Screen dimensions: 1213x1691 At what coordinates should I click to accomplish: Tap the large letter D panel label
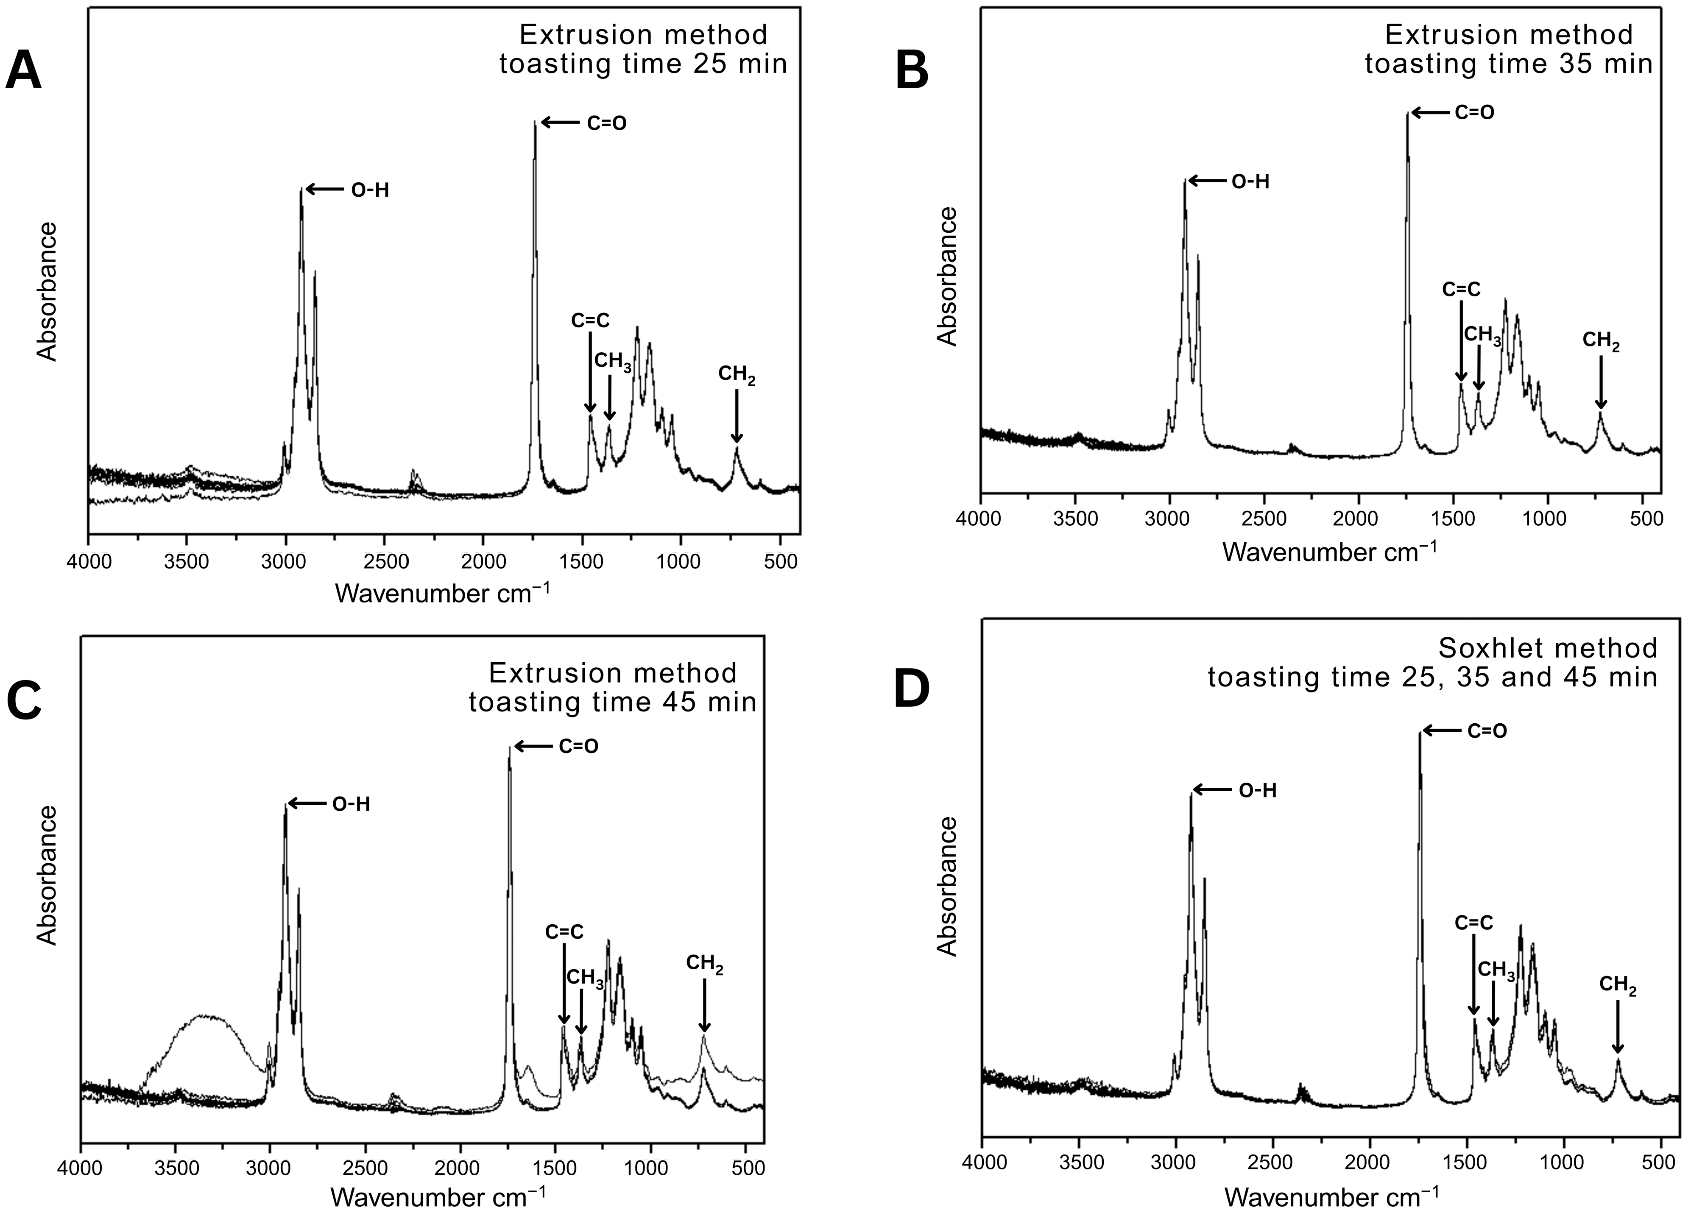pyautogui.click(x=911, y=690)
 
